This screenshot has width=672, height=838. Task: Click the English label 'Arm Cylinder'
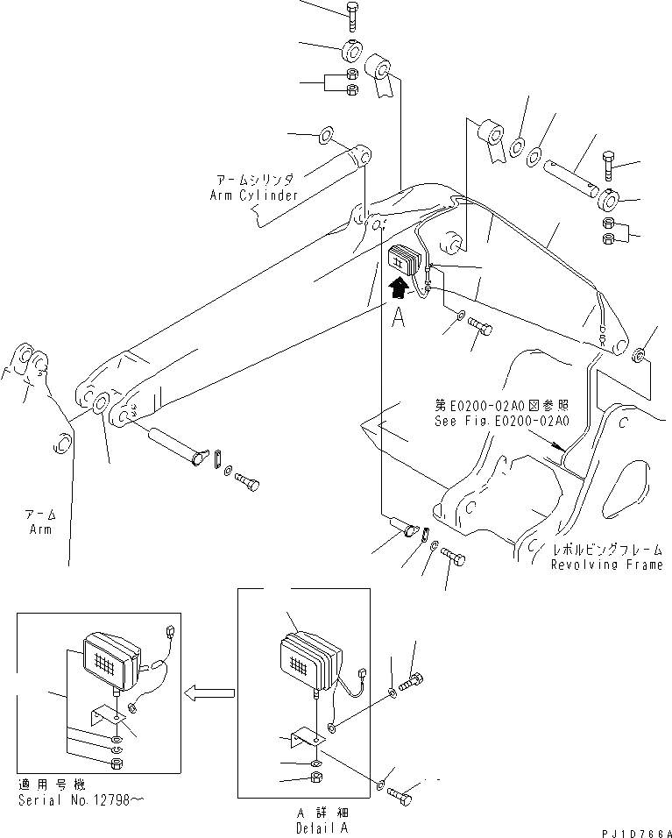click(254, 195)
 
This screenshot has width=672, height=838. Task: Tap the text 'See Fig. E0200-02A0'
click(502, 421)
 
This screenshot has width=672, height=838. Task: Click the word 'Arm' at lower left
click(39, 529)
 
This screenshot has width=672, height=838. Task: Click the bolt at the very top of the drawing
click(350, 14)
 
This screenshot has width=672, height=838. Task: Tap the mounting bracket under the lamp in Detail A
click(307, 738)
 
